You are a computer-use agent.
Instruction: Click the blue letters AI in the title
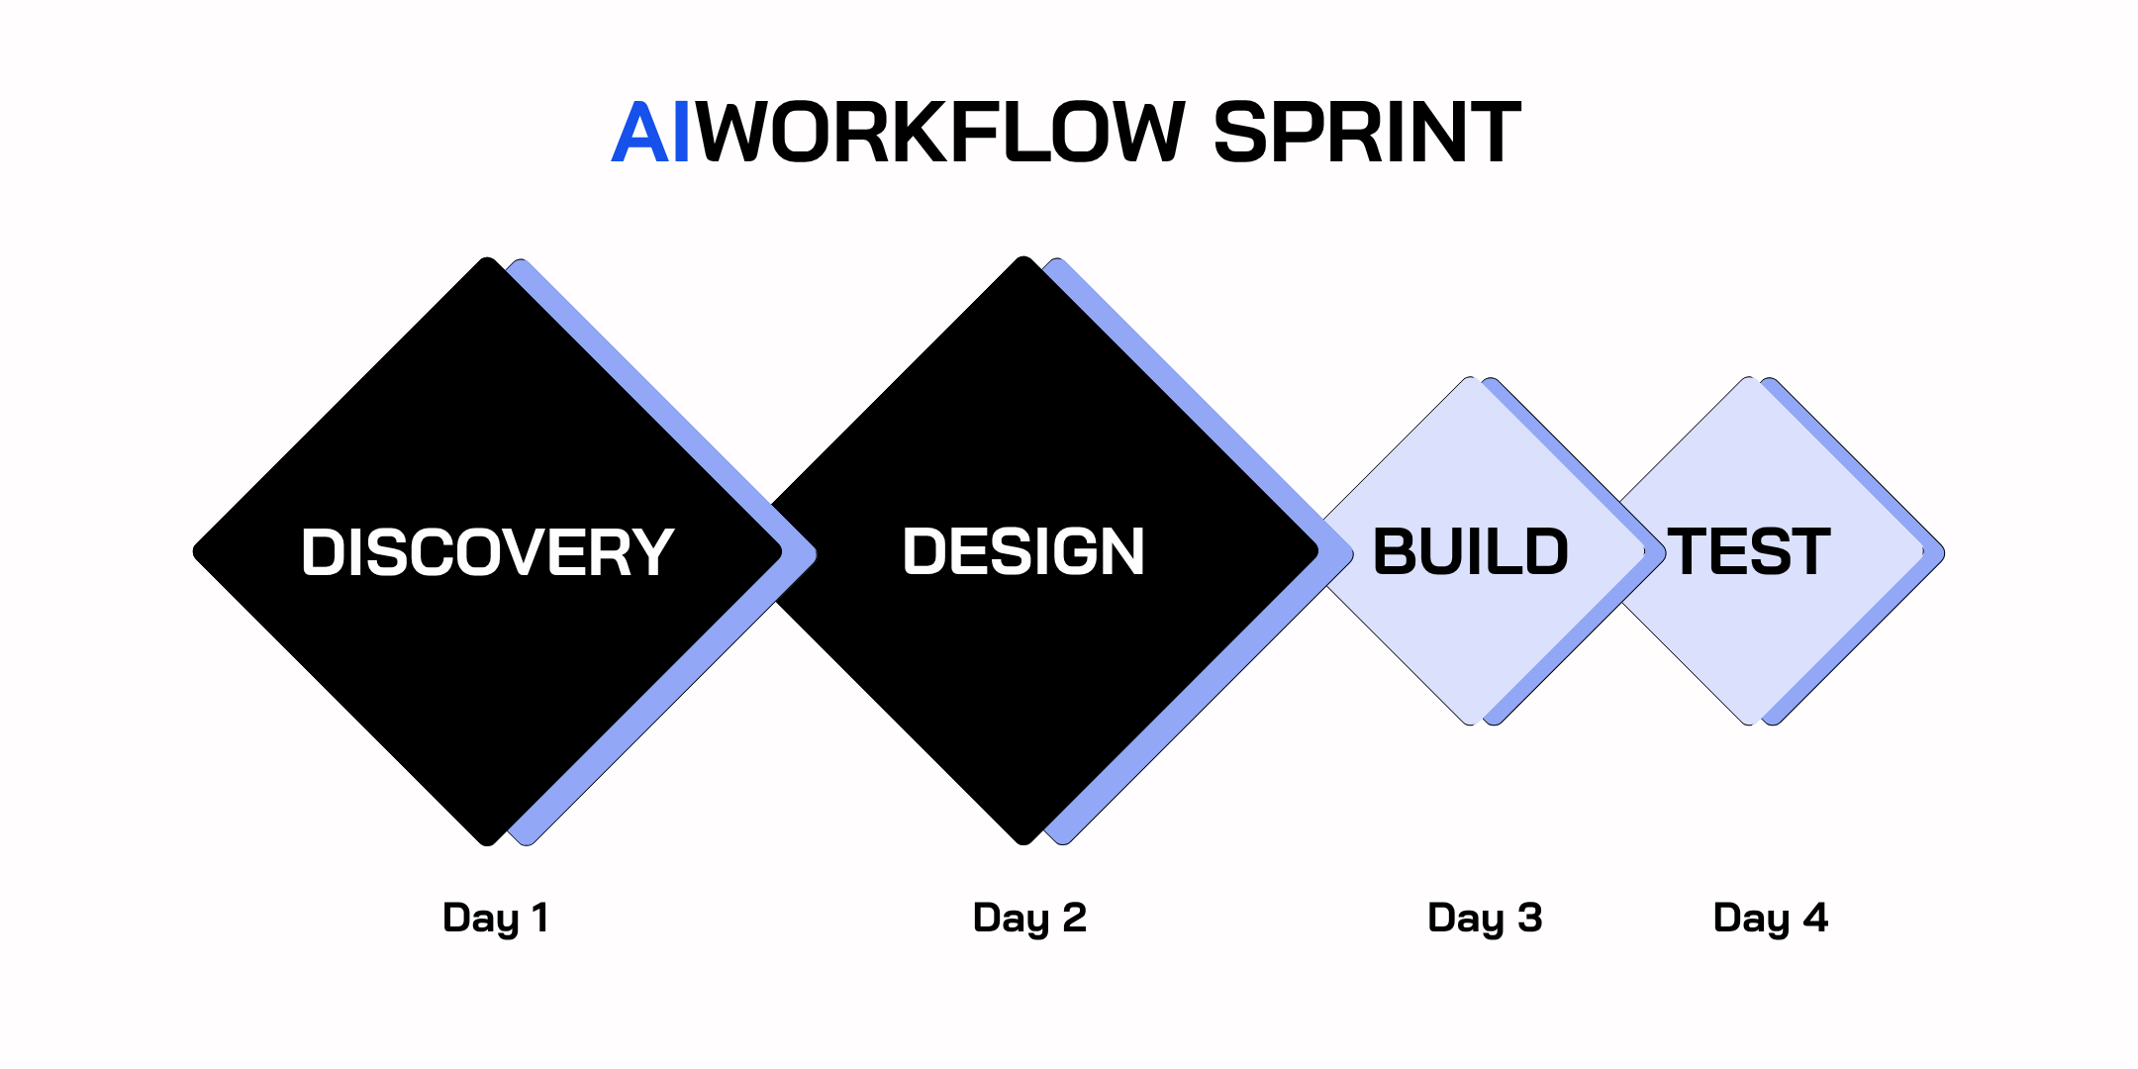[651, 133]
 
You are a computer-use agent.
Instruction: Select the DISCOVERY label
[487, 552]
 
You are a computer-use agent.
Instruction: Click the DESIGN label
[1023, 551]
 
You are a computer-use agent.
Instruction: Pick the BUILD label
[1470, 551]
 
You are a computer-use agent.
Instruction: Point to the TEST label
[1749, 551]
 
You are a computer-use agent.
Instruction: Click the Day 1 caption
[495, 919]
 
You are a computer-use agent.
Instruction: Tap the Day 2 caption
[1029, 919]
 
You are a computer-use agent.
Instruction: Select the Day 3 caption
[1485, 919]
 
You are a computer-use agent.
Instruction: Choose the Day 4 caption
[1770, 919]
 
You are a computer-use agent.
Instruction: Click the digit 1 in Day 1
[539, 917]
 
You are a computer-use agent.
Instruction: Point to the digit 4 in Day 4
[1815, 917]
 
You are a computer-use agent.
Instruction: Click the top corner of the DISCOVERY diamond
[488, 260]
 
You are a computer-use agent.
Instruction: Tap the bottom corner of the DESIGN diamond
[1024, 842]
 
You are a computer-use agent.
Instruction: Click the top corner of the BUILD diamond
[1471, 379]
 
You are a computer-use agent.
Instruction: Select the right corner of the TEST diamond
[1942, 552]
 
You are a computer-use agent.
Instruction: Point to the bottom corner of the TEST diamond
[1750, 723]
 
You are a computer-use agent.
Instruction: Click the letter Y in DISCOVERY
[651, 552]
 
